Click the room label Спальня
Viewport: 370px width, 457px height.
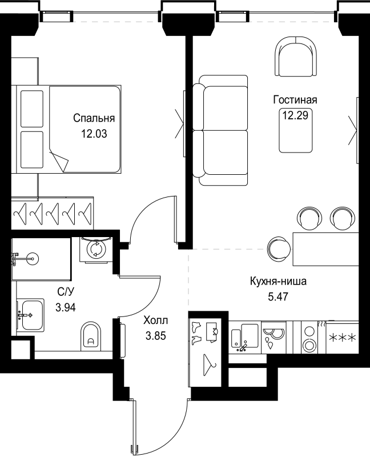click(x=94, y=119)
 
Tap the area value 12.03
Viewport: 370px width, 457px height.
click(x=94, y=135)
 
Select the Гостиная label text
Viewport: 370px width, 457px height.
click(x=295, y=100)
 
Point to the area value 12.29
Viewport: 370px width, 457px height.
click(x=295, y=115)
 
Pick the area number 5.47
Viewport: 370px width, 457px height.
click(x=279, y=297)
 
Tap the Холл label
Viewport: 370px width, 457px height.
click(x=155, y=321)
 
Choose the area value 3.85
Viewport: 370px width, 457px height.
click(x=155, y=336)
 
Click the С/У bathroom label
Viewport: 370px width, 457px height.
click(x=65, y=292)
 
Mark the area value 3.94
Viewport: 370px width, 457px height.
click(x=65, y=307)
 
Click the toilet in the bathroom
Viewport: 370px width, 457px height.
click(x=91, y=335)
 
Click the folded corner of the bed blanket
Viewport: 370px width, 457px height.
click(x=59, y=160)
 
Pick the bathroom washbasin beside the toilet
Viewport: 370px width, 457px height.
click(x=31, y=314)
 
